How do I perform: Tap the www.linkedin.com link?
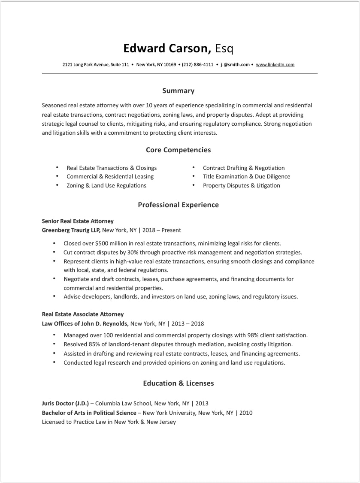[x=275, y=65]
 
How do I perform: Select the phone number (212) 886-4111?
[x=197, y=65]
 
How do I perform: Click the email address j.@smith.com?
[x=235, y=65]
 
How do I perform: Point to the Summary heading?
[x=178, y=91]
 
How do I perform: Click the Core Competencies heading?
[x=178, y=150]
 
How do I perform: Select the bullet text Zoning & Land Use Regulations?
[x=106, y=186]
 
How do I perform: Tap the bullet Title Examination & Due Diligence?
[x=246, y=177]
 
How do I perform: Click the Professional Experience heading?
[x=178, y=205]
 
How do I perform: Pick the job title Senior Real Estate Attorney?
[x=78, y=221]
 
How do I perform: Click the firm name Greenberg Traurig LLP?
[x=71, y=230]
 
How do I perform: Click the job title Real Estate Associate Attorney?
[x=82, y=314]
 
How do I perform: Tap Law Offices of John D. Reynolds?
[x=85, y=323]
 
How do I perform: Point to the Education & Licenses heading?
[x=178, y=383]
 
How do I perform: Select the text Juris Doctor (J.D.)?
[x=65, y=404]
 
